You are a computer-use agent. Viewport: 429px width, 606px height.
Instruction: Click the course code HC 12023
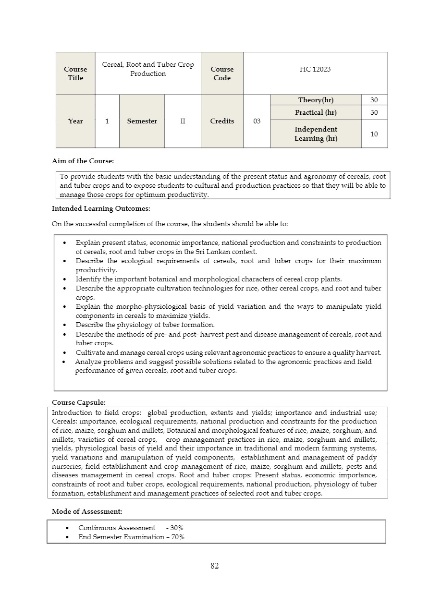315,69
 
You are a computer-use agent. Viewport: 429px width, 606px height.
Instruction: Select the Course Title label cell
75,73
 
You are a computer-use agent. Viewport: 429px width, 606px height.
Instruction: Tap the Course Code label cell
222,73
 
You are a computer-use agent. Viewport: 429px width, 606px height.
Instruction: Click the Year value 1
107,121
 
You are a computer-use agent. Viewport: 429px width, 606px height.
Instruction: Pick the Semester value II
183,121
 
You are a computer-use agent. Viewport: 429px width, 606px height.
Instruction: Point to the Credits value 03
257,121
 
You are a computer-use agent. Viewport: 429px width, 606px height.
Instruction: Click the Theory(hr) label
316,100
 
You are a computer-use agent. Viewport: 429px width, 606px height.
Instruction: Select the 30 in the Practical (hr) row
374,112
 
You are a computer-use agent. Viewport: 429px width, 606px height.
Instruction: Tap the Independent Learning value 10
374,134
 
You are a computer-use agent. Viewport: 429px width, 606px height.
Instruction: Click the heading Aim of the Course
83,161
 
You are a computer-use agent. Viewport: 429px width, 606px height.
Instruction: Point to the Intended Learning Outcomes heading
101,208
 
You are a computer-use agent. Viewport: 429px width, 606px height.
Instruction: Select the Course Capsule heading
78,402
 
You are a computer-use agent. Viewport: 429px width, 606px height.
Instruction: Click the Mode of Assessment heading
86,512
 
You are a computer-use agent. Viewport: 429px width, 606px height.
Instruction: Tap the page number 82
214,566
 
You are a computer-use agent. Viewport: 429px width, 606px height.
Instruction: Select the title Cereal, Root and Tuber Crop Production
148,69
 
